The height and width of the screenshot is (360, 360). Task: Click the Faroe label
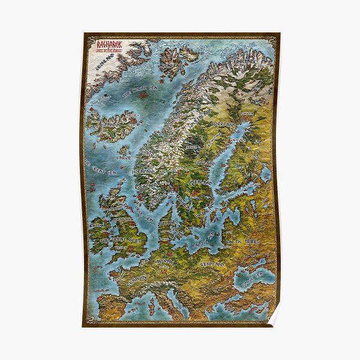[x=124, y=157]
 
